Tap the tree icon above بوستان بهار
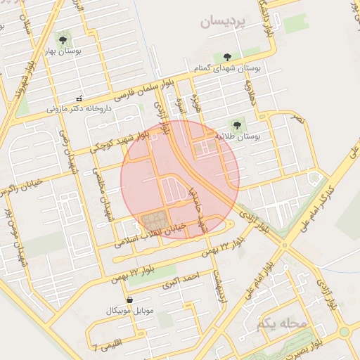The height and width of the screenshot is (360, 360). coord(63,40)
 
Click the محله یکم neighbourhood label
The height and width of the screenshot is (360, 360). coord(281,325)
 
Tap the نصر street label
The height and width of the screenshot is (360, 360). coord(300,120)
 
